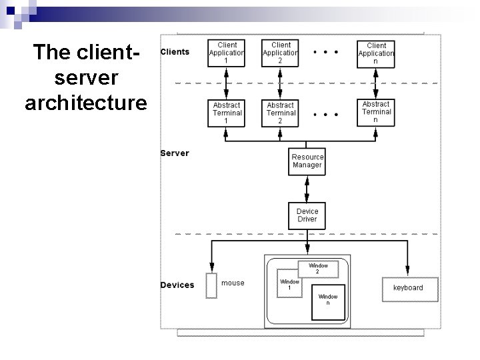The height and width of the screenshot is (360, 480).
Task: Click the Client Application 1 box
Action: coord(227,52)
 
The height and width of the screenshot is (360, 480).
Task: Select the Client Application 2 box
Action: coord(281,52)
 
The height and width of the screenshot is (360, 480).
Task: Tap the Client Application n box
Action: coord(376,52)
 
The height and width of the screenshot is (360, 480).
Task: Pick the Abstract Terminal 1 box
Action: coord(227,113)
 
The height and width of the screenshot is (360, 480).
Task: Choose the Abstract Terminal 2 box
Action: coord(281,113)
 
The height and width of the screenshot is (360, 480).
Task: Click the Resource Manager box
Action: coord(307,161)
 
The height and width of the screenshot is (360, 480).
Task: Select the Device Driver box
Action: coord(307,215)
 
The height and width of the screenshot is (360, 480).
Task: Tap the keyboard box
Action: coord(408,287)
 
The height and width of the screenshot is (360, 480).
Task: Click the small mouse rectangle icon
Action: coord(212,285)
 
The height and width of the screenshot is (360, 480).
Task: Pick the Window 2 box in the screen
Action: coord(317,269)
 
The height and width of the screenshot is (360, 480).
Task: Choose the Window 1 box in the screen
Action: coord(289,285)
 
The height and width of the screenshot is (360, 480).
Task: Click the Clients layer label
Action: coord(175,52)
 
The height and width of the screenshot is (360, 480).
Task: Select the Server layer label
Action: coord(175,153)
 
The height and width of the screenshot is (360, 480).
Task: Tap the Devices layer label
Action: coord(177,285)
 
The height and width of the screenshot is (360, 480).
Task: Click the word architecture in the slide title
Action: coord(85,103)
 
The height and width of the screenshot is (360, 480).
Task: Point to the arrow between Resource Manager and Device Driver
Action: coord(307,189)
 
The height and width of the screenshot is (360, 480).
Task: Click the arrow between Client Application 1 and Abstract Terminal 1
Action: coord(227,83)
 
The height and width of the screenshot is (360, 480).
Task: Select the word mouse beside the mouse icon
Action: coord(233,283)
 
